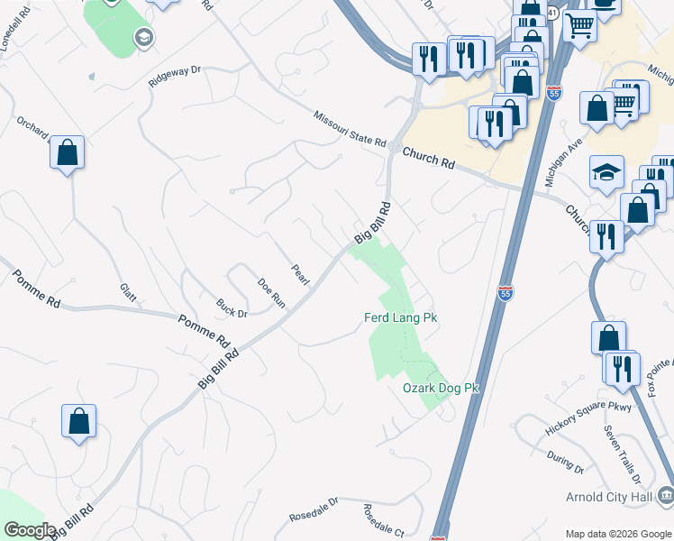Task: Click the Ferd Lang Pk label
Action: pyautogui.click(x=400, y=318)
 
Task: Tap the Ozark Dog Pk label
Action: pyautogui.click(x=441, y=388)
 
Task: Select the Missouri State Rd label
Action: pyautogui.click(x=350, y=130)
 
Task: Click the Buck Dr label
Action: pyautogui.click(x=232, y=307)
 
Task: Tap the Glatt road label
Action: pyautogui.click(x=127, y=293)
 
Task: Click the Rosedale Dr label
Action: pyautogui.click(x=313, y=509)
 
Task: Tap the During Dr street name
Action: pyautogui.click(x=565, y=463)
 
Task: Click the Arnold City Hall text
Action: pyautogui.click(x=611, y=496)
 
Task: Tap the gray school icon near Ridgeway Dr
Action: pyautogui.click(x=142, y=37)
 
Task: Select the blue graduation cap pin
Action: pyautogui.click(x=606, y=171)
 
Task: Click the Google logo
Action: pyautogui.click(x=31, y=530)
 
